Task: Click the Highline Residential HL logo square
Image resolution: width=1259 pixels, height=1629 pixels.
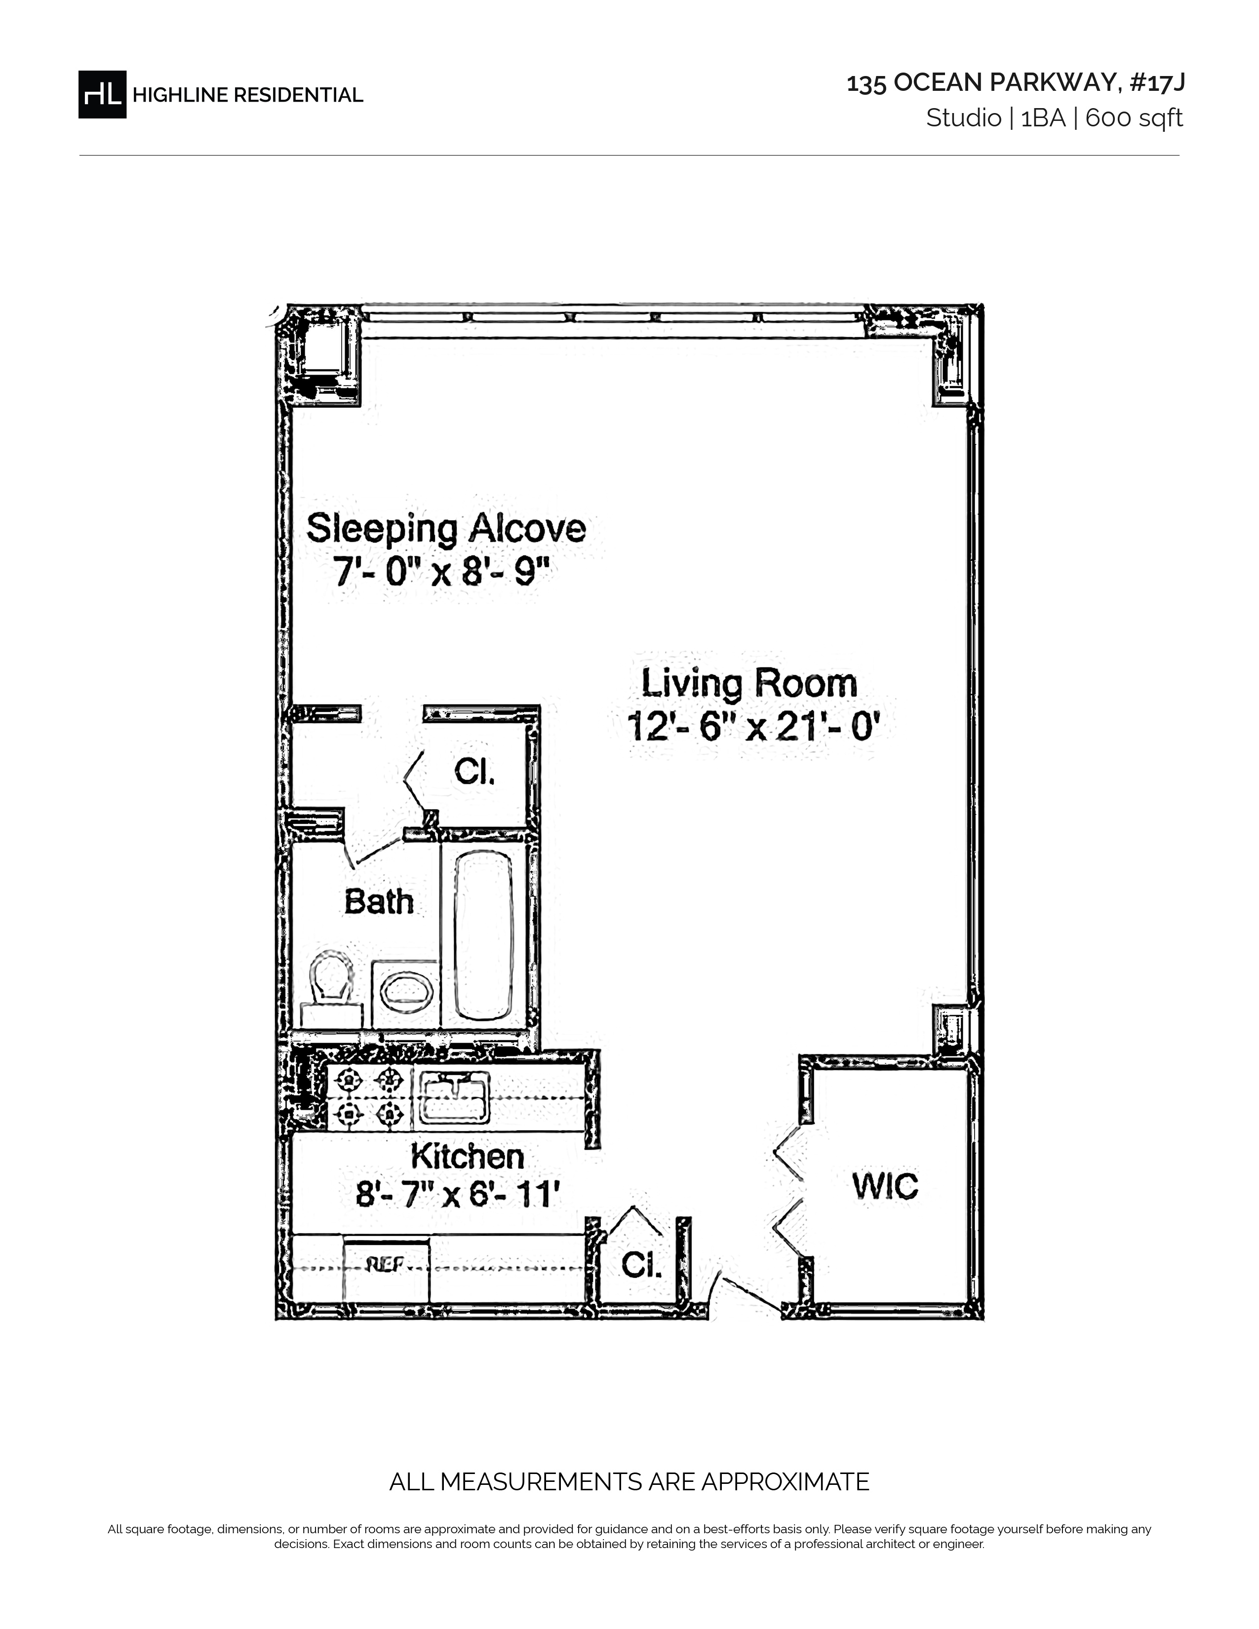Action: coord(102,94)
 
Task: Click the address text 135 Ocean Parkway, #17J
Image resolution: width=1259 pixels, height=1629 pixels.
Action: coord(1015,83)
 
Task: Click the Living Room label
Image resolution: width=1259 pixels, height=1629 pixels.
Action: coord(749,683)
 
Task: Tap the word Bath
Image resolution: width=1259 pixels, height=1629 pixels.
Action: coord(379,902)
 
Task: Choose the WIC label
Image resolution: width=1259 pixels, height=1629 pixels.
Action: coord(885,1186)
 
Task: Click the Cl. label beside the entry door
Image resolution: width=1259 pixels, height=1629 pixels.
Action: coord(641,1264)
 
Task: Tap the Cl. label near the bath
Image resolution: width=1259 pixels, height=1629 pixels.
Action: coord(474,772)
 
